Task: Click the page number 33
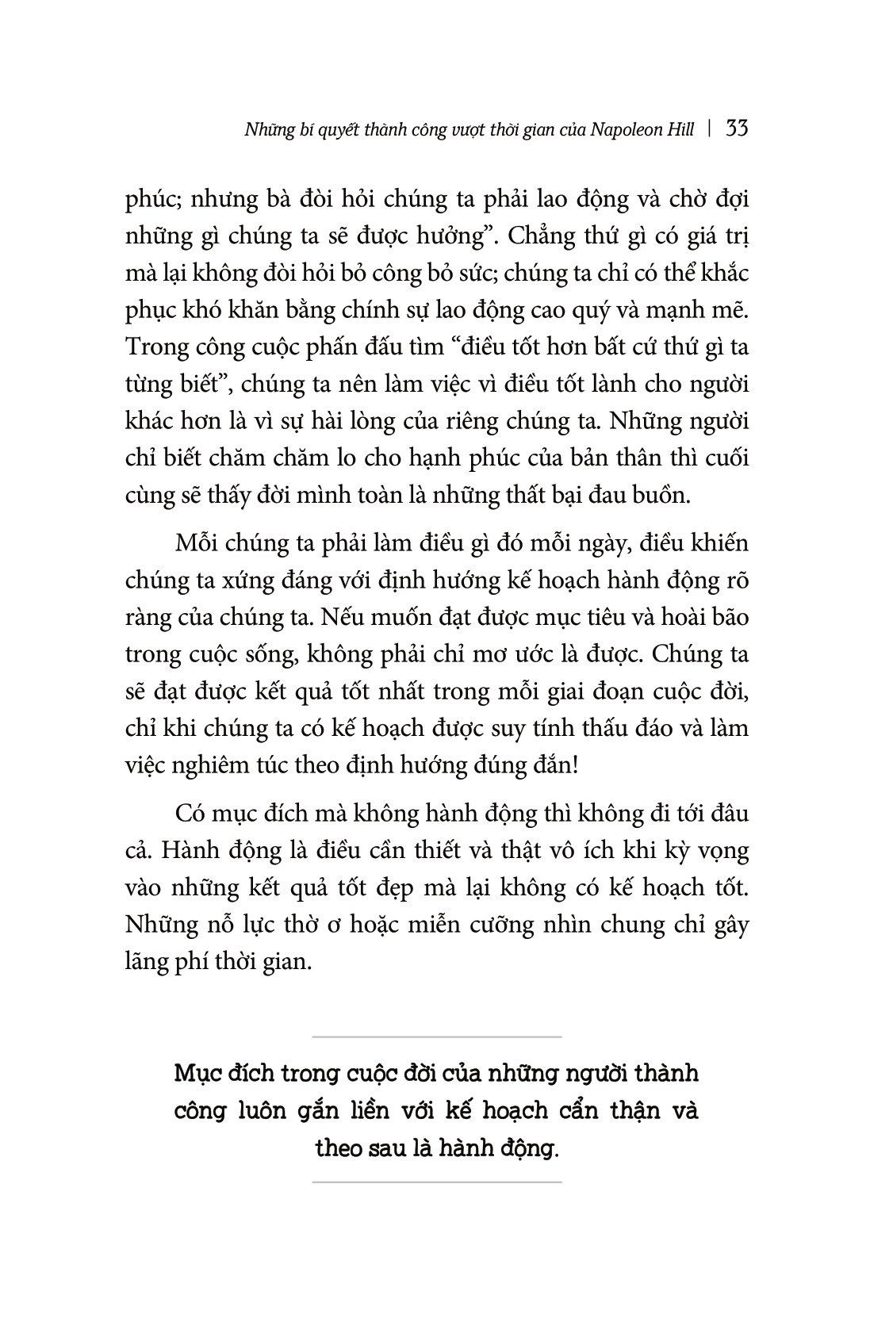pyautogui.click(x=737, y=128)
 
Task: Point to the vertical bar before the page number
pyautogui.click(x=710, y=129)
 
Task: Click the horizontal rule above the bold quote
pyautogui.click(x=437, y=1036)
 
